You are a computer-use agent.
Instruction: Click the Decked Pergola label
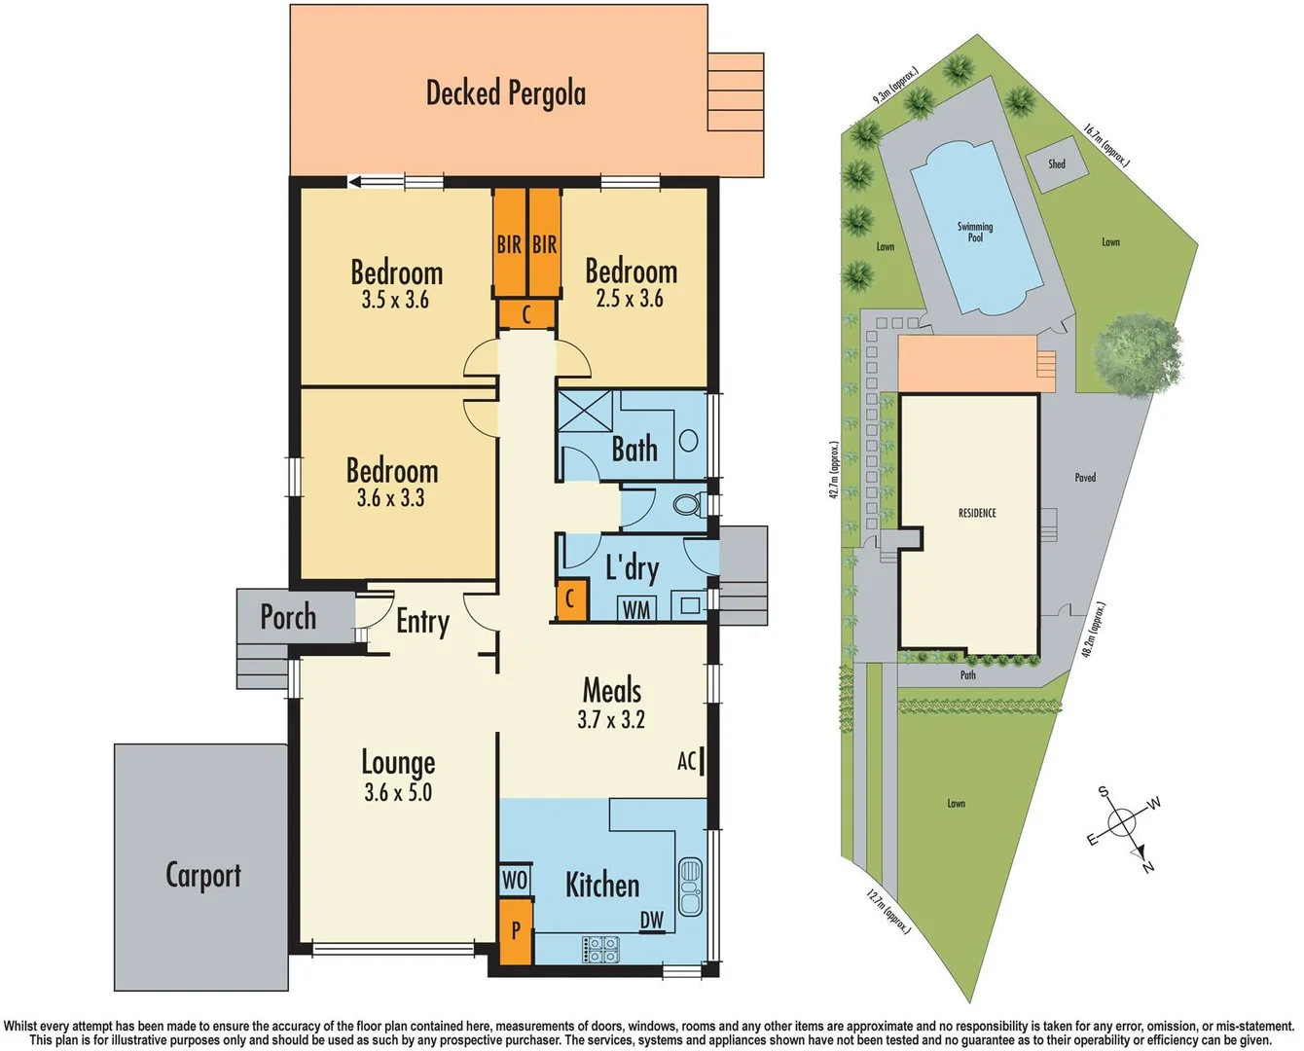pos(506,93)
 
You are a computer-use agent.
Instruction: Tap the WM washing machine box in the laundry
pos(636,609)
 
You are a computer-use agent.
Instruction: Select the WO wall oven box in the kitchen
pos(515,880)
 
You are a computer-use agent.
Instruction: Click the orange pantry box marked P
pos(515,931)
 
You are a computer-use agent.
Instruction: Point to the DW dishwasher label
pos(652,920)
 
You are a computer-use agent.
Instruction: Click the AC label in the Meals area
pos(687,761)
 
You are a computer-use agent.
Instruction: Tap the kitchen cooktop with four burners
pos(600,949)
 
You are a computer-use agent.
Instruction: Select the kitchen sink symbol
pos(690,887)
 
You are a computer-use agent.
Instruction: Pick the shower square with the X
pos(584,417)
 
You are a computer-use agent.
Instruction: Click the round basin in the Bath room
pos(689,440)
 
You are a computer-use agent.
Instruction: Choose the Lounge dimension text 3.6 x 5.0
pos(398,793)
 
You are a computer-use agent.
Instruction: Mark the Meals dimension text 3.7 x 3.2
pos(611,720)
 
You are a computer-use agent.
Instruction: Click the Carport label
pos(203,875)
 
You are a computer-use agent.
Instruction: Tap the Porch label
pos(288,617)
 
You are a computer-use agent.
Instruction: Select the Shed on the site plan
pos(1057,164)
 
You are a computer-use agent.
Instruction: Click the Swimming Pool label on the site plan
pos(975,232)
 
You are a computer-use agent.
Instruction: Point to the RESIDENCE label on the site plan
pos(977,513)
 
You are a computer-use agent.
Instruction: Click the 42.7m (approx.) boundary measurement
pos(834,471)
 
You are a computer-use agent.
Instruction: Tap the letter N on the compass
pos(1148,865)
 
